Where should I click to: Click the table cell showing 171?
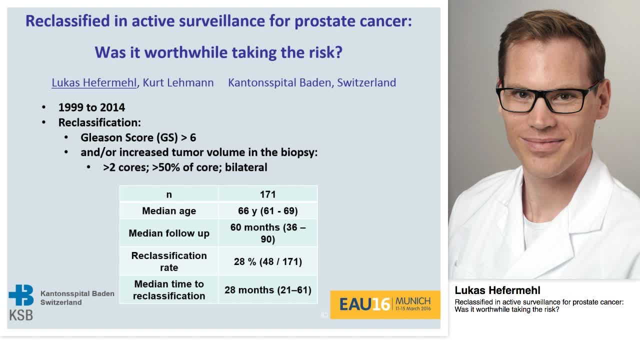coord(267,194)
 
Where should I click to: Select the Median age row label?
coord(168,210)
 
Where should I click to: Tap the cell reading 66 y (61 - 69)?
coord(267,210)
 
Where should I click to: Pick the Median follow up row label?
coord(168,233)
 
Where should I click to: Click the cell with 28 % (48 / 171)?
coord(267,261)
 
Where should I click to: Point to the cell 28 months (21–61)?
coord(267,290)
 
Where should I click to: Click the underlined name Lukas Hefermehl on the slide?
coord(94,82)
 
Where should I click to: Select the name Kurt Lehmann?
coord(178,82)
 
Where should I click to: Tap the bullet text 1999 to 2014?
coord(91,107)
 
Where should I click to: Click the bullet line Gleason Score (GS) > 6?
coord(138,137)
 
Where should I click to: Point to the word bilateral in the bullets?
coord(246,167)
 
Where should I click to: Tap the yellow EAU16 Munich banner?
coord(384,304)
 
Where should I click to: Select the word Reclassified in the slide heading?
coord(67,21)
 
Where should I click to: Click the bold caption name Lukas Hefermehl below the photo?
coord(497,290)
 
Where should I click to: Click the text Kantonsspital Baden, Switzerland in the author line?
coord(311,82)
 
